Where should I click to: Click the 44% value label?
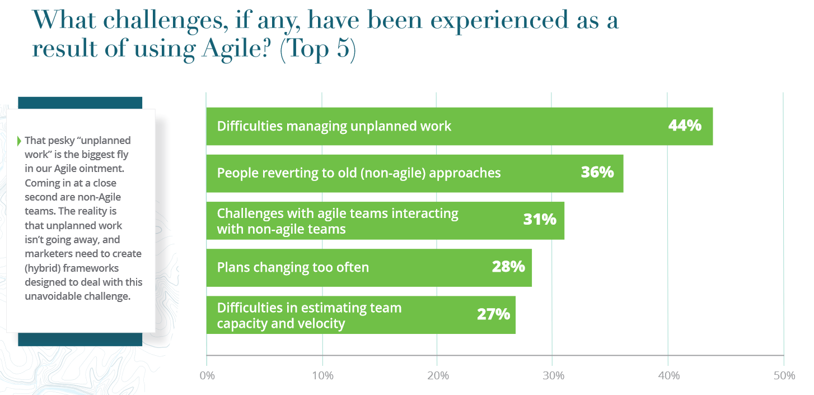(x=685, y=126)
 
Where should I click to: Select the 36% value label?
(x=597, y=173)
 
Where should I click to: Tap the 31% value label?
(x=540, y=219)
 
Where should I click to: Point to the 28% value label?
(x=508, y=267)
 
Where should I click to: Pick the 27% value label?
(x=493, y=314)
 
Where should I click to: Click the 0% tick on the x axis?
(x=207, y=375)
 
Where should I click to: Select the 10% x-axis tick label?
(x=322, y=375)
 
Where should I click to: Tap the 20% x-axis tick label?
(x=438, y=375)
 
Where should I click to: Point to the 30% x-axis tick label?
(x=554, y=375)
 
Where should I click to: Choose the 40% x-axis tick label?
(x=669, y=375)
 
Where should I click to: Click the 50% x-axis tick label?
(x=784, y=375)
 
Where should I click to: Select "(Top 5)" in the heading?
(x=318, y=49)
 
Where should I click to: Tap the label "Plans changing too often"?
(x=293, y=267)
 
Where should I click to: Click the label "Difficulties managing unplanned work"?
(x=334, y=126)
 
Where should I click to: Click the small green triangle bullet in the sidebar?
(x=19, y=141)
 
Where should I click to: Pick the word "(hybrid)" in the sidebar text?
(x=43, y=268)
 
